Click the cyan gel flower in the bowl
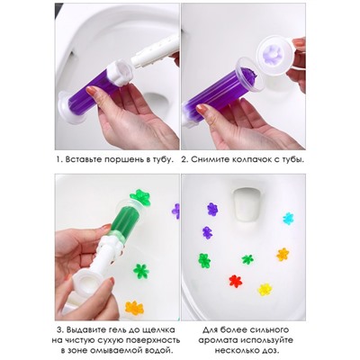[x=288, y=219]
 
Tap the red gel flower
[x=236, y=281]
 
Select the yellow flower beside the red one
[x=265, y=289]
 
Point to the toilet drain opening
[x=247, y=203]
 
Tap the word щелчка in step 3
[x=157, y=330]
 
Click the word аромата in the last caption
[x=218, y=340]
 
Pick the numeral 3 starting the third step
[x=59, y=330]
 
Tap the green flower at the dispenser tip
[x=139, y=196]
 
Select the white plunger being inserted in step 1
[x=155, y=51]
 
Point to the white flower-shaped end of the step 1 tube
[x=121, y=73]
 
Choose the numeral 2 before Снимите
[x=184, y=159]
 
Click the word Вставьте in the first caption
[x=84, y=159]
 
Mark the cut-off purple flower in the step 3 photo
[x=175, y=211]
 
